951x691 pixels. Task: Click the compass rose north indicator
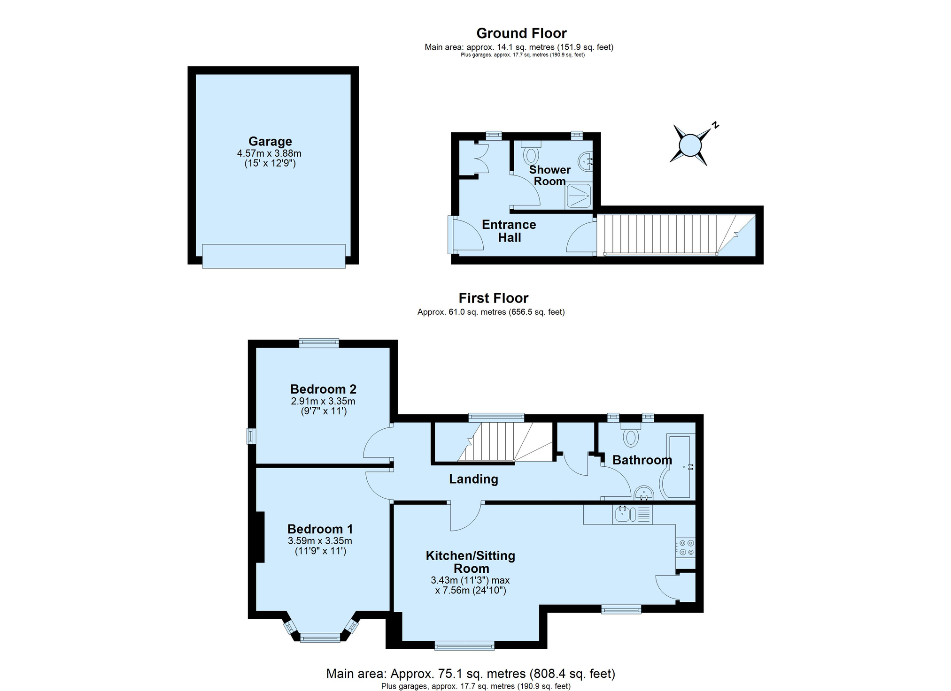715,125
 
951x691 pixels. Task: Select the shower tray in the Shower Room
579,196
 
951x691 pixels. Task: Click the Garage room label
270,141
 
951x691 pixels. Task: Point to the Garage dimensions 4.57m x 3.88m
269,153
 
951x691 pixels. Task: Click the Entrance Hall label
509,231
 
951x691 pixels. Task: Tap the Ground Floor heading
521,33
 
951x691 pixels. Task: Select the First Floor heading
494,298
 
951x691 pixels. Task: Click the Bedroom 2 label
323,389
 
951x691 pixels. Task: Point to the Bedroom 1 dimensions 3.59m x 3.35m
320,541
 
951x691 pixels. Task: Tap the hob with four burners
685,547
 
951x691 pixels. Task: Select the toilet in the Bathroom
631,434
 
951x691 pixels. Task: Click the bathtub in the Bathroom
677,467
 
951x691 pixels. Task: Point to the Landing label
473,479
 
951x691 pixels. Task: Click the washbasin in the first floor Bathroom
644,493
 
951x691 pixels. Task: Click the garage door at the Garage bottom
274,256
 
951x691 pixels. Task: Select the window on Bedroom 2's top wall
319,343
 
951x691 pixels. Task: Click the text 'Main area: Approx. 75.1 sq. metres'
426,674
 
